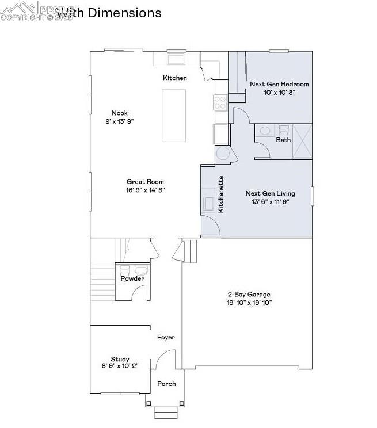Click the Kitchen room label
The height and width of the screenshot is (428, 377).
pos(175,78)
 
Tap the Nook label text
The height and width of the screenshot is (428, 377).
pos(120,113)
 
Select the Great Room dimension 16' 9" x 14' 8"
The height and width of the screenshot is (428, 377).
pos(146,190)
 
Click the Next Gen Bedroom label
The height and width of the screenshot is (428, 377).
pos(279,84)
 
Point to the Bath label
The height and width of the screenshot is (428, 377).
pos(283,140)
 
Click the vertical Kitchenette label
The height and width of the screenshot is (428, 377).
pos(221,195)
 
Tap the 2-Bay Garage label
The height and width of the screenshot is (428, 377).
pos(247,294)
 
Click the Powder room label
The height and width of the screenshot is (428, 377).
pos(132,278)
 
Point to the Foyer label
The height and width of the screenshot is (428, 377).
pos(166,338)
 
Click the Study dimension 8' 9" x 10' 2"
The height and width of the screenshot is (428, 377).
pos(120,366)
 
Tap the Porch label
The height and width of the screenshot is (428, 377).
pos(166,384)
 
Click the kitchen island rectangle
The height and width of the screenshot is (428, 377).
pos(174,115)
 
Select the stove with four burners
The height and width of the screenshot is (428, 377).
pos(220,102)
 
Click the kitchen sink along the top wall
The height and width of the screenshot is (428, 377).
pos(176,59)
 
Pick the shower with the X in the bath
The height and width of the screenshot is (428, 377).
pos(302,141)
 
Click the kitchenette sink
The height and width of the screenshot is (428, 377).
pos(208,204)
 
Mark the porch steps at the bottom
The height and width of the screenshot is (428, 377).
pos(165,412)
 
